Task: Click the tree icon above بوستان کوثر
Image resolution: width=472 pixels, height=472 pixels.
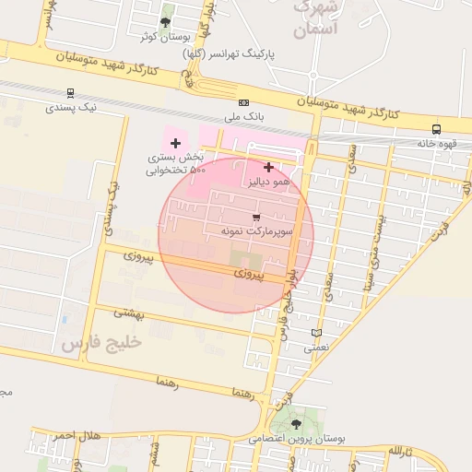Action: tap(165, 21)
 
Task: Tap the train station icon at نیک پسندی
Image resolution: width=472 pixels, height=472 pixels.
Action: tap(71, 93)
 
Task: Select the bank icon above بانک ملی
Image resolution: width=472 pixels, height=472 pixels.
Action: tap(243, 103)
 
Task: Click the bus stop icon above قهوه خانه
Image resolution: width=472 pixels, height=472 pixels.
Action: tap(436, 129)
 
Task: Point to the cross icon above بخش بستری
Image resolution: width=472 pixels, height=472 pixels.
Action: tap(175, 143)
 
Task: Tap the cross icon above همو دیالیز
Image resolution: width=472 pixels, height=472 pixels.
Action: tap(268, 167)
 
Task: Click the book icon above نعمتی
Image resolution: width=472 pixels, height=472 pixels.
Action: tap(317, 334)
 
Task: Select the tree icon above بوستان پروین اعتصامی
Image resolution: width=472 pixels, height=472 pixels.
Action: tap(296, 424)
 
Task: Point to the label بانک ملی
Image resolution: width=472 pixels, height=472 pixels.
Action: tap(244, 118)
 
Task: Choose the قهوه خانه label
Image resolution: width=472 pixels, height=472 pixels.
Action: tap(437, 144)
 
